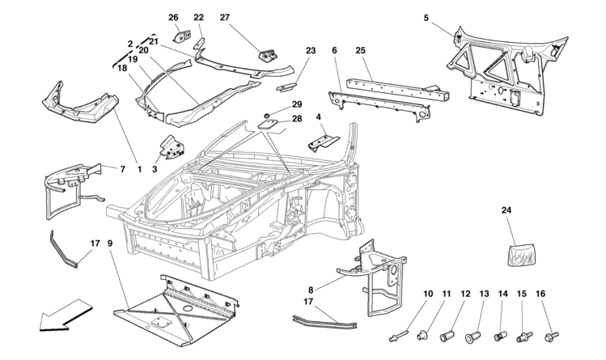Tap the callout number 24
point(506,210)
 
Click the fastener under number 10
point(398,336)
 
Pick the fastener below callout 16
point(550,335)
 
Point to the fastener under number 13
point(473,336)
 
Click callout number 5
point(426,18)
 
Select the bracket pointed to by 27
point(268,55)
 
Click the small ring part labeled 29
point(267,115)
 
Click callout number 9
point(110,244)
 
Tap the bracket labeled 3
point(172,147)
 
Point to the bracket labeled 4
point(324,142)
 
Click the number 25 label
point(361,51)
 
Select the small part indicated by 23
point(286,87)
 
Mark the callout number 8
point(311,290)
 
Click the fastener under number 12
point(448,336)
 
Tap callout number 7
point(122,169)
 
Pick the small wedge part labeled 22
point(199,42)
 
